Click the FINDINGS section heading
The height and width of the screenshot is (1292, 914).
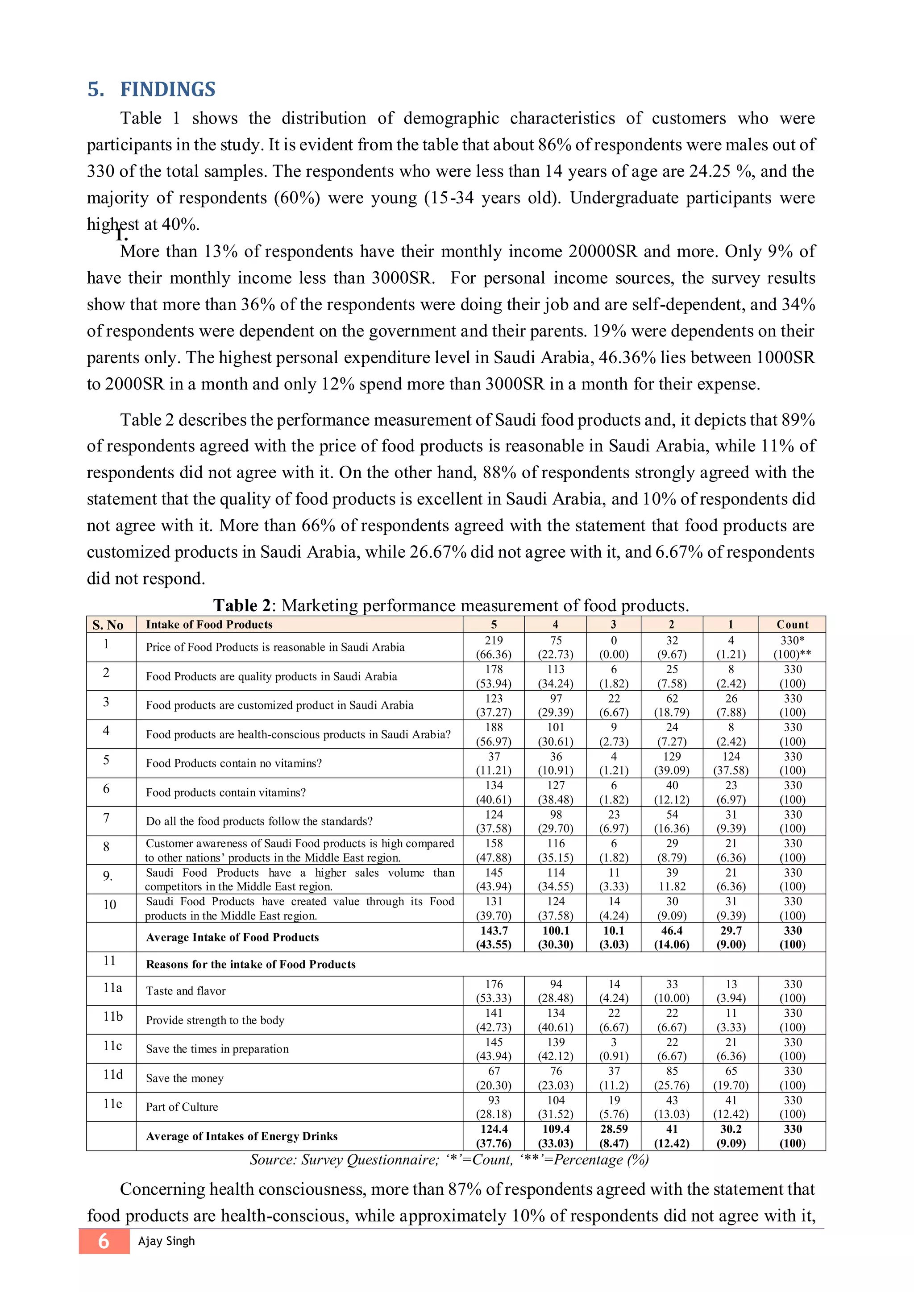[167, 90]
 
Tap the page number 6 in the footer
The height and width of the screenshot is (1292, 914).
[104, 1241]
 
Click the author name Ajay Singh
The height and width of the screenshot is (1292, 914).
[166, 1241]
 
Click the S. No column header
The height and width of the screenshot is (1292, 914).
[108, 625]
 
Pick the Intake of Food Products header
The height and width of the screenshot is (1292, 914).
[209, 624]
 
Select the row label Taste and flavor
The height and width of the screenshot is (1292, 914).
[186, 991]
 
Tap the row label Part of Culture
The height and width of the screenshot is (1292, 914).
[182, 1107]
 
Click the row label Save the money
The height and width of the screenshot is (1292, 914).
[185, 1078]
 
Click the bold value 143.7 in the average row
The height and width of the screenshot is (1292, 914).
[494, 931]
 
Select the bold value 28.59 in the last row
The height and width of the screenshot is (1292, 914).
[614, 1129]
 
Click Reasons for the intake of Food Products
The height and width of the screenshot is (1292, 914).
[250, 964]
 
